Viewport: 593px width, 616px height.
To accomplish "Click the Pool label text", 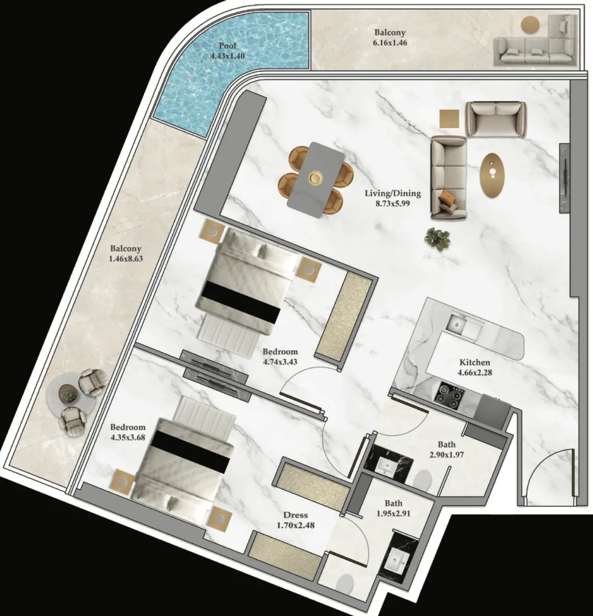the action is [x=227, y=45].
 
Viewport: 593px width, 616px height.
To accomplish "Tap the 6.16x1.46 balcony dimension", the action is [x=390, y=43].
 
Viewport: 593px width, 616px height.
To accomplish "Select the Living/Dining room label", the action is [x=393, y=193].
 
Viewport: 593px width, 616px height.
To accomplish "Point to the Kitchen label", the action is [x=475, y=362].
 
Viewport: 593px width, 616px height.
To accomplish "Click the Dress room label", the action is [x=296, y=515].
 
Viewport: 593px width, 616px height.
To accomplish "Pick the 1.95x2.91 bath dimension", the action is [x=393, y=513].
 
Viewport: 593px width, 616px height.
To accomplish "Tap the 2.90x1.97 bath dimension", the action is [x=447, y=455].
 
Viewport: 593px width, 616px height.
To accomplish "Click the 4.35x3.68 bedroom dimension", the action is [x=128, y=438].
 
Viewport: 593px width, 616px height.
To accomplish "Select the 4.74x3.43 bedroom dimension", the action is [x=280, y=362].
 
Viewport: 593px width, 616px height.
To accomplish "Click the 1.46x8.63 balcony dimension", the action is [x=126, y=258].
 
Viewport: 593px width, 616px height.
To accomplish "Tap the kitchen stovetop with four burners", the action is [x=450, y=395].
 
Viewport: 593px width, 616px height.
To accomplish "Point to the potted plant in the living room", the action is [x=438, y=239].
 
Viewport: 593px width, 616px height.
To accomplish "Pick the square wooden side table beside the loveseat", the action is [x=450, y=118].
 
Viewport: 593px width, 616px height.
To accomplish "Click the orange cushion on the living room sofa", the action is [x=447, y=197].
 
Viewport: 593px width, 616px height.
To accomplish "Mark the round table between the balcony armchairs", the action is [x=68, y=394].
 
